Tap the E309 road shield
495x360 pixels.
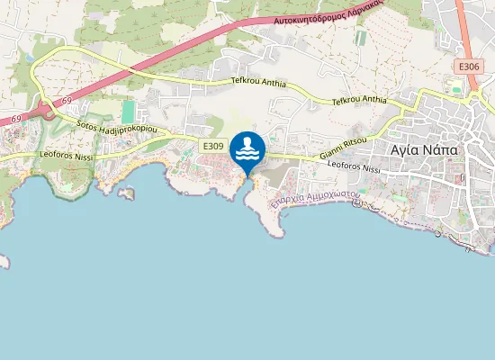tap(213, 146)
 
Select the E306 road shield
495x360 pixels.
tap(467, 67)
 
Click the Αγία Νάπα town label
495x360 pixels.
tap(424, 148)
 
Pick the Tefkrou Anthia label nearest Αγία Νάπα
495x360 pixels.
tap(359, 101)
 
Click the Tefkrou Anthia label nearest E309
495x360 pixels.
tap(257, 84)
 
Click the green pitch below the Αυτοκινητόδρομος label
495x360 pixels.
tap(361, 39)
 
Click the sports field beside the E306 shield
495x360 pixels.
tap(455, 88)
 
